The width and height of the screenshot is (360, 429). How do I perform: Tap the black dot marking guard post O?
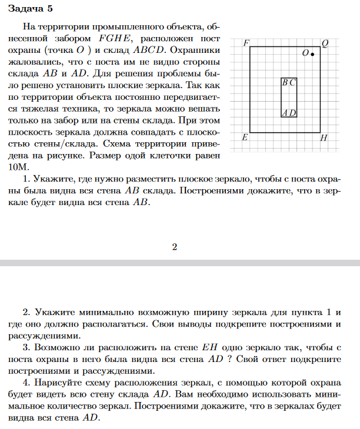click(x=312, y=54)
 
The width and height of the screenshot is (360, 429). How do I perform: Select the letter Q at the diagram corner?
click(x=325, y=43)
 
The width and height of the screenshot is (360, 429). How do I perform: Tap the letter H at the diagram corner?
click(x=324, y=139)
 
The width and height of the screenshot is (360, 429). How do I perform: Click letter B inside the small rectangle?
click(x=285, y=83)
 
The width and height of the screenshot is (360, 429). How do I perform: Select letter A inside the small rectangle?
click(x=285, y=112)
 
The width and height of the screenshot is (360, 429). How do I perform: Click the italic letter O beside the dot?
click(x=304, y=53)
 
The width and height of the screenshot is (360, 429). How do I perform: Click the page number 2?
click(x=175, y=246)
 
